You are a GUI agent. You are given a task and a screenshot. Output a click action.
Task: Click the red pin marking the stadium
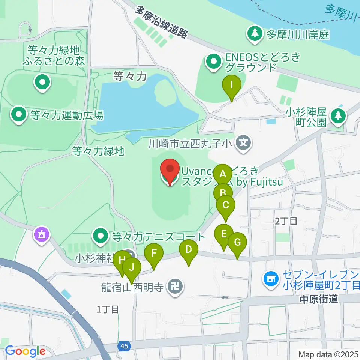[170, 170]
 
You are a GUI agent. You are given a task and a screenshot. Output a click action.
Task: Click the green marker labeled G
[237, 243]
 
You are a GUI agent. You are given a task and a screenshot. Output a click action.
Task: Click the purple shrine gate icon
[41, 235]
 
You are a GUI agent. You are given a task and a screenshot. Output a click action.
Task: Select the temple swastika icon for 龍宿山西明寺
[175, 287]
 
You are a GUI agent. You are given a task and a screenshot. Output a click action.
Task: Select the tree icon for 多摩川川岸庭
[255, 34]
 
